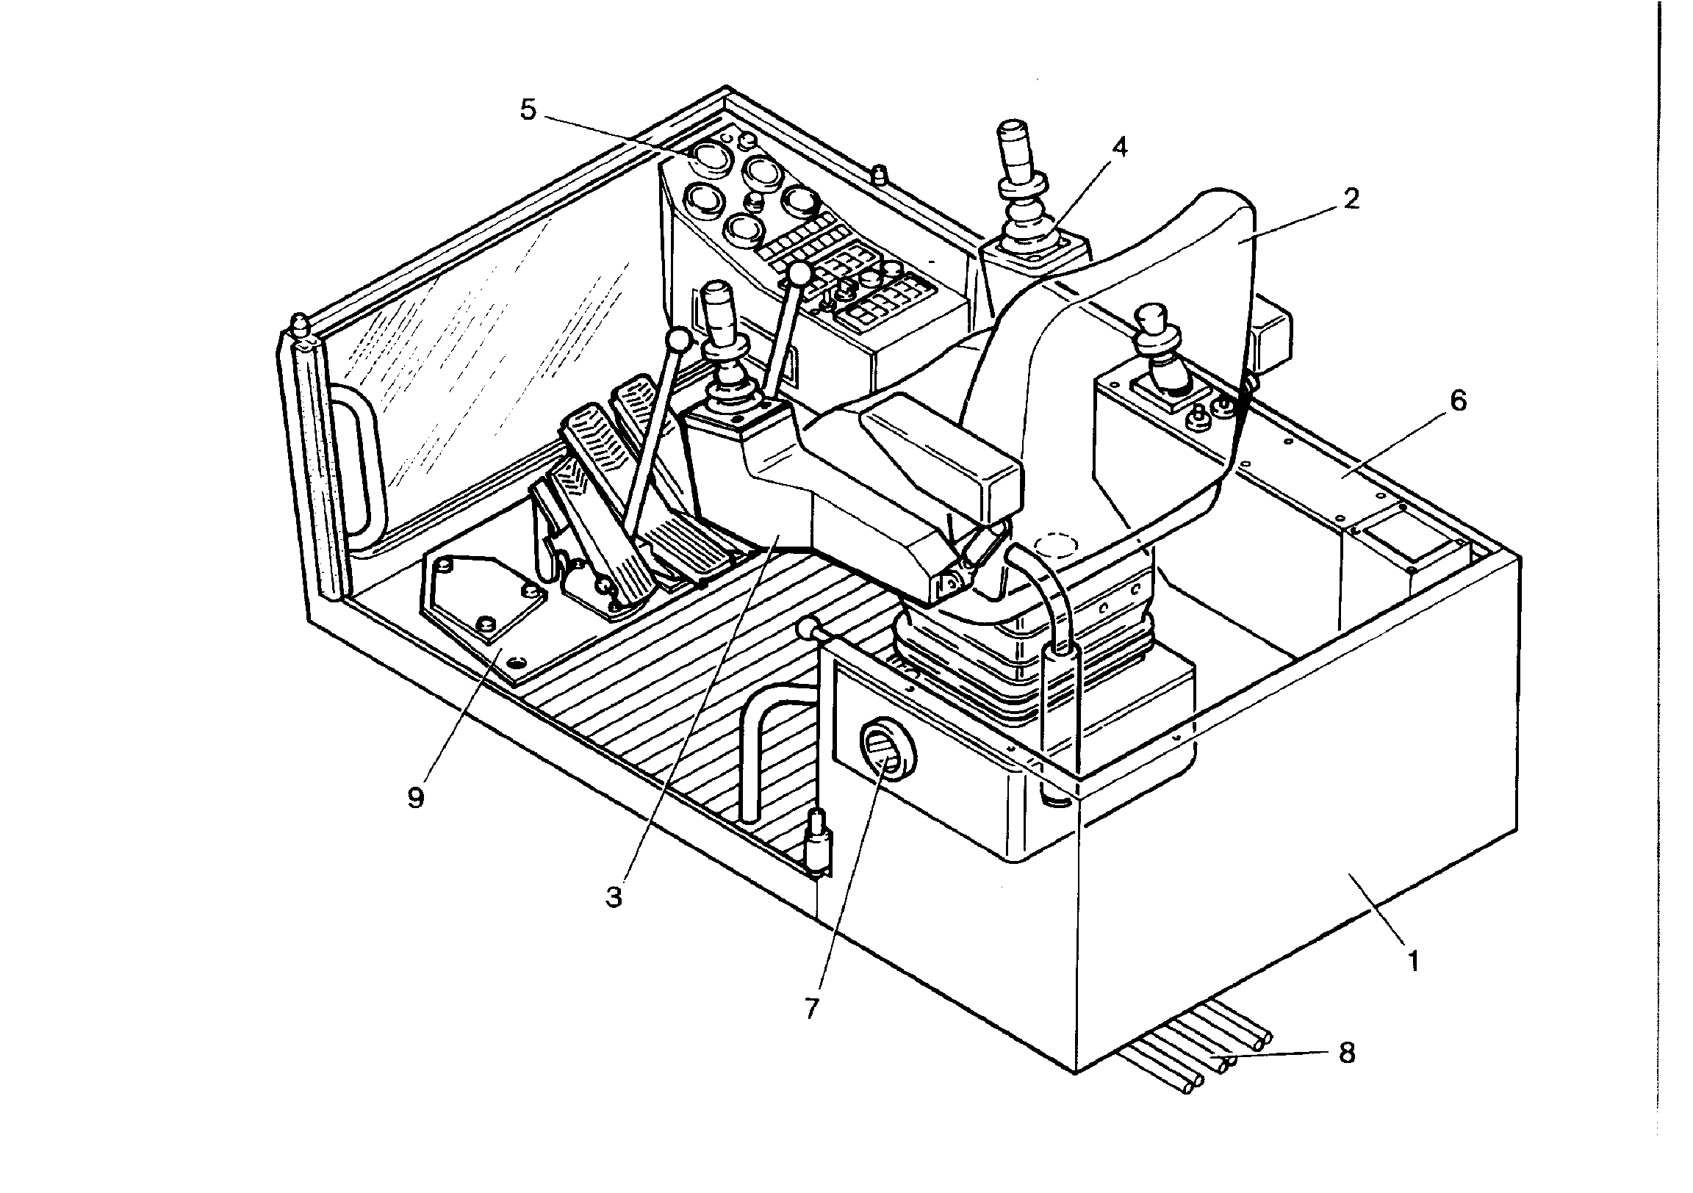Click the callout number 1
tap(1414, 961)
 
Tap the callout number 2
tap(1350, 198)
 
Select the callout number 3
tap(614, 897)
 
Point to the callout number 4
tap(1119, 147)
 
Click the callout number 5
tap(528, 110)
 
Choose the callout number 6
tap(1458, 401)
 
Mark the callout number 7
tap(812, 1008)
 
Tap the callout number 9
tap(416, 798)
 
